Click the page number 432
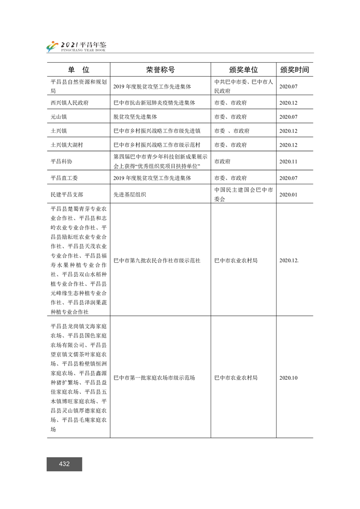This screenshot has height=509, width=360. tap(64, 464)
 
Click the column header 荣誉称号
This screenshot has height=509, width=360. tap(160, 70)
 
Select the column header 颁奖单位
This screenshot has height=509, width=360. tap(243, 70)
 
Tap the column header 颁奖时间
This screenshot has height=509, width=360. tap(295, 70)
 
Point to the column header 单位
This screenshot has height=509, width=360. tap(79, 70)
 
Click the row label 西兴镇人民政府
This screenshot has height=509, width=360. tap(70, 103)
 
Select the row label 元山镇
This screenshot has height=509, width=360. tap(59, 117)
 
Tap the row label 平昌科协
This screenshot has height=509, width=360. tap(62, 161)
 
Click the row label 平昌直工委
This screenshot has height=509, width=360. tap(64, 178)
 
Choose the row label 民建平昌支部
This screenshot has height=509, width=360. tap(67, 194)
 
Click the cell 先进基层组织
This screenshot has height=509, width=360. tap(130, 194)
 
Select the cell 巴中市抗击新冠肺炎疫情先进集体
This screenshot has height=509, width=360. tap(154, 103)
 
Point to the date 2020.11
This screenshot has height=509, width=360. tap(288, 161)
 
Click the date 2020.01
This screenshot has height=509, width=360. tap(288, 194)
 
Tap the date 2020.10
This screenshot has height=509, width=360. tap(288, 377)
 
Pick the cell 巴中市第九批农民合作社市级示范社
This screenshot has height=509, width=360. tap(157, 260)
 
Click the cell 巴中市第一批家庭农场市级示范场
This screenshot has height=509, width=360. tap(154, 377)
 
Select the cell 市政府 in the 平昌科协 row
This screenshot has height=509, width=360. tap(222, 161)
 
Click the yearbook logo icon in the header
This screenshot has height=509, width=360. tap(53, 46)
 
